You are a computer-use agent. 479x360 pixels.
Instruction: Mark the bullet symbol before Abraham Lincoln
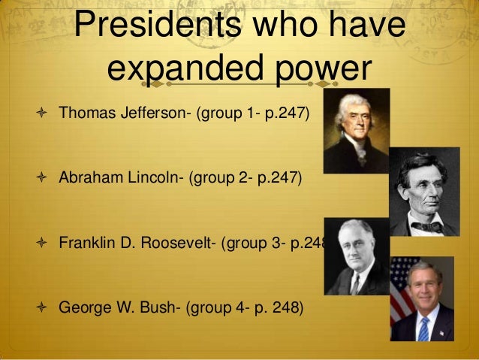click(x=43, y=180)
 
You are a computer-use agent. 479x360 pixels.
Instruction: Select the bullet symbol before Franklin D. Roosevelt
click(x=43, y=244)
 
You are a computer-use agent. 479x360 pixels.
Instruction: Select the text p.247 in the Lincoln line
click(x=277, y=179)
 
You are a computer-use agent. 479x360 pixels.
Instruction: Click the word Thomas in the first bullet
click(x=83, y=115)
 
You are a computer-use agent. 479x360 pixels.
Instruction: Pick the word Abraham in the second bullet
click(x=84, y=179)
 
